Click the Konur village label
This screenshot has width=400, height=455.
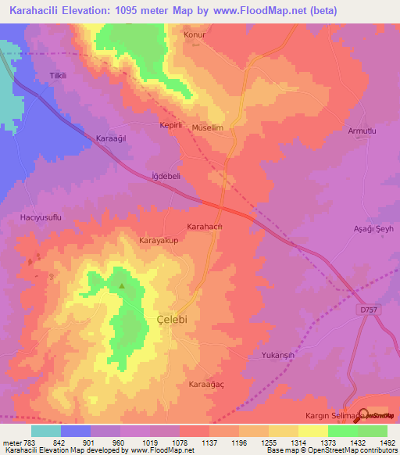point(193,35)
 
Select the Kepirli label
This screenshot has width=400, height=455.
point(170,125)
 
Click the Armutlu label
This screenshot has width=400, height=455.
point(362,131)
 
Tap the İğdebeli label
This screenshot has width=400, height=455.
point(166,177)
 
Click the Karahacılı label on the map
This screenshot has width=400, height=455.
point(205,227)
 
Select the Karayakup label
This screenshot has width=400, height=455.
point(159,241)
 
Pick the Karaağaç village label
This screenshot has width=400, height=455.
point(207,385)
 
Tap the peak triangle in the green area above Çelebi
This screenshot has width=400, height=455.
point(122,285)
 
